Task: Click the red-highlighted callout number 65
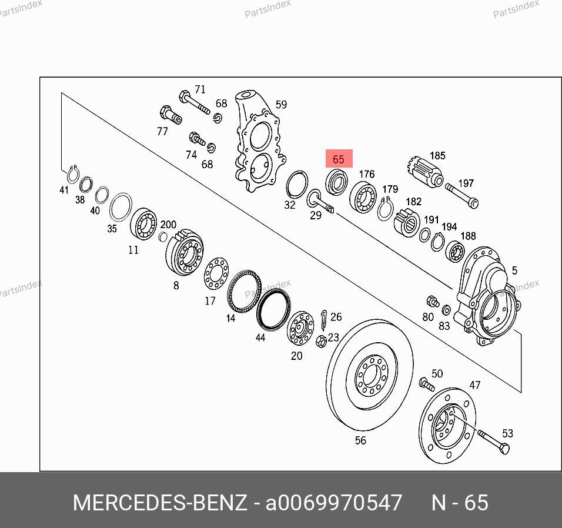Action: click(339, 159)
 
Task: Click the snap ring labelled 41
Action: click(73, 174)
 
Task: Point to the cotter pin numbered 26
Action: click(324, 320)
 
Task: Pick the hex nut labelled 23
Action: click(321, 341)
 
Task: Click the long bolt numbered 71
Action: click(194, 102)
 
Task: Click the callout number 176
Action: click(367, 174)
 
